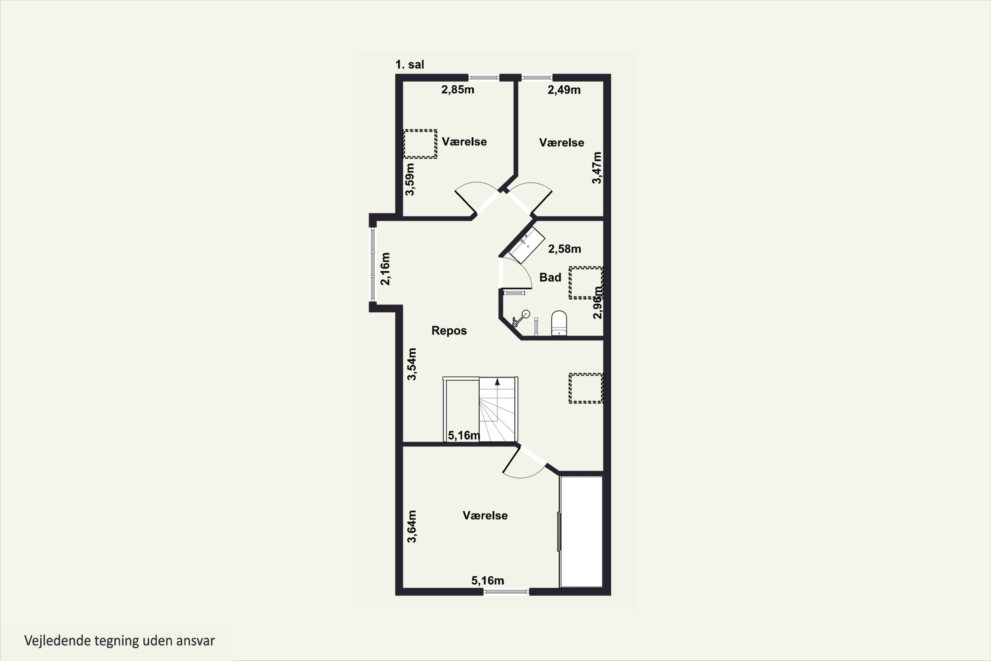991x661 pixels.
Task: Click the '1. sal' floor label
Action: coord(410,64)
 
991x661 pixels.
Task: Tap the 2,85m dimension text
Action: coord(458,90)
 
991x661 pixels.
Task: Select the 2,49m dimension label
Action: coord(564,90)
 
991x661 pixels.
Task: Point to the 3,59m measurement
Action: coord(410,179)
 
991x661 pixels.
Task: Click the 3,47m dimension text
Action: coord(597,168)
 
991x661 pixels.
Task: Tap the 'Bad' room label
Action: coord(550,277)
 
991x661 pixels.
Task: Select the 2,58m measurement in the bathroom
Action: coord(564,249)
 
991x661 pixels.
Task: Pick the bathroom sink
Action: coord(527,245)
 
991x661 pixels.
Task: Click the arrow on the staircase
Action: coord(497,382)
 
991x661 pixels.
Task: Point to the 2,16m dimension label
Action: coord(385,269)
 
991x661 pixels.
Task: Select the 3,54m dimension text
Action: coord(412,364)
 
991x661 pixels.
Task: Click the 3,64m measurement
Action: coord(412,526)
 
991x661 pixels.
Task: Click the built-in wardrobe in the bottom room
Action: coord(581,531)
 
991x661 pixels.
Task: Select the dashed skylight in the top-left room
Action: coord(420,144)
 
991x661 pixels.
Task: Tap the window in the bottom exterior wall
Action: coord(506,592)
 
